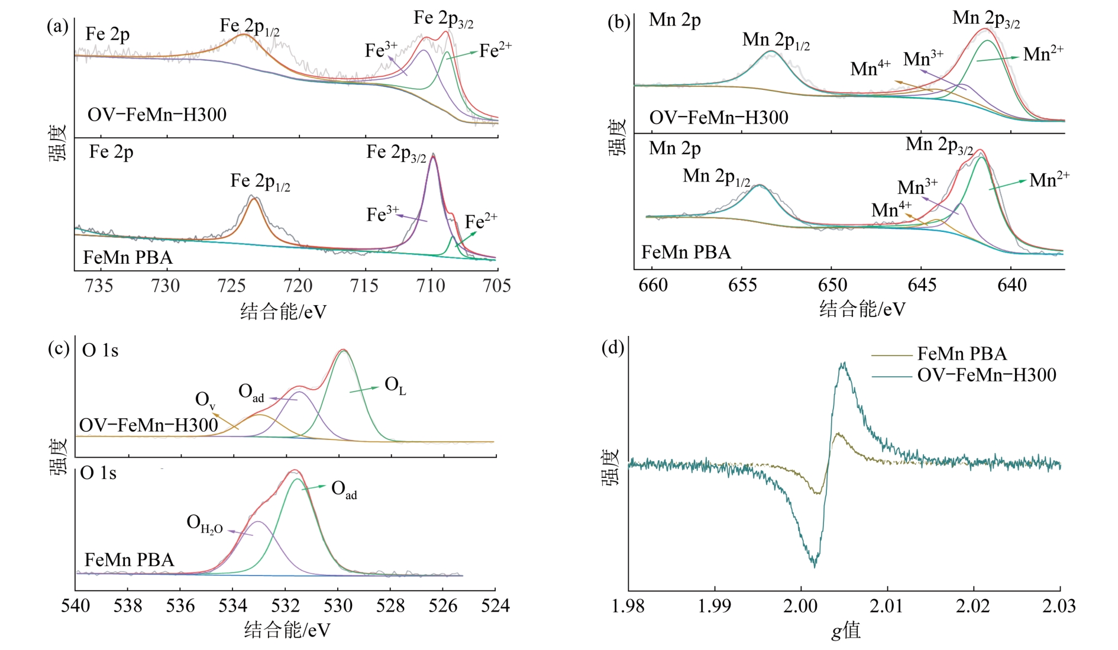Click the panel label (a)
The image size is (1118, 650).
pos(57,27)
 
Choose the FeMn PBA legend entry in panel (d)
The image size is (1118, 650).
pos(962,354)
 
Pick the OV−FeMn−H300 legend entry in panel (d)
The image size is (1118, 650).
pos(987,375)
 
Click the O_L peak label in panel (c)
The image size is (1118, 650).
pos(395,386)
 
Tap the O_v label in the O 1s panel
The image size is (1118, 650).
pos(205,400)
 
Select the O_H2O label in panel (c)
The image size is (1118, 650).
pos(204,523)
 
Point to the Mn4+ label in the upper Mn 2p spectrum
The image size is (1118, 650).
pos(870,69)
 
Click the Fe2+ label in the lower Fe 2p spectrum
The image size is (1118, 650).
pos(480,222)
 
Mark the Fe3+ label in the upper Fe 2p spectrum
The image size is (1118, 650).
pos(380,50)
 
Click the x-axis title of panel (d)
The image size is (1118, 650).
pos(845,630)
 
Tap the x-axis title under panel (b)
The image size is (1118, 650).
pos(862,309)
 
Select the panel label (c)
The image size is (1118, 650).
pos(58,348)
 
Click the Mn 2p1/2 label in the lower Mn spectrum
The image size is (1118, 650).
pos(716,176)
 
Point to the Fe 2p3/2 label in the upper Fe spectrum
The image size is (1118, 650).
pos(443,19)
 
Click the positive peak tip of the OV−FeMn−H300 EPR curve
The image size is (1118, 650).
pos(844,364)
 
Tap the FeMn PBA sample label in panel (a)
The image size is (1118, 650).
pos(128,257)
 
